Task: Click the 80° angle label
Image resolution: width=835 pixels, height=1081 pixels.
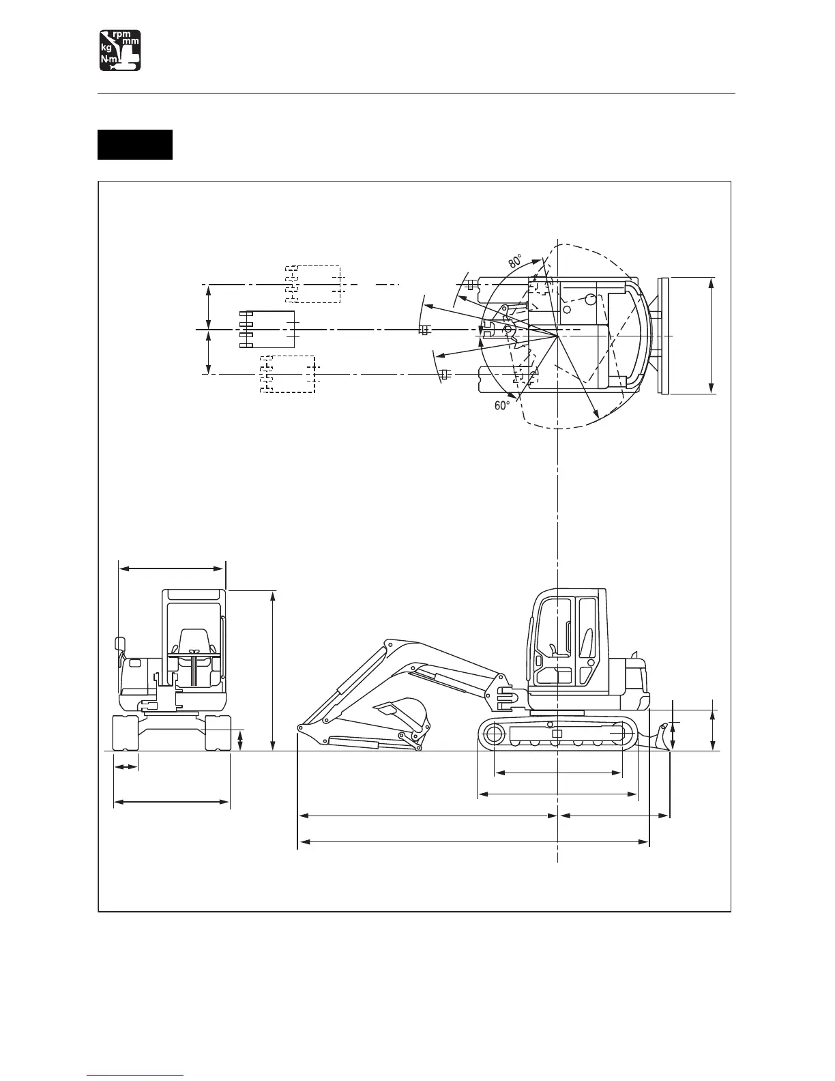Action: click(x=515, y=261)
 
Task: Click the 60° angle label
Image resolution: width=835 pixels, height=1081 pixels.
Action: click(x=502, y=405)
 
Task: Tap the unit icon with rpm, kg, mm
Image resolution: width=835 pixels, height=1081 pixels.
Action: click(x=120, y=50)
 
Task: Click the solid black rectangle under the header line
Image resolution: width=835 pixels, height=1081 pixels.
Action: click(x=135, y=144)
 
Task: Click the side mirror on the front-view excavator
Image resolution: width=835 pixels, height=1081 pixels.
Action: click(x=120, y=645)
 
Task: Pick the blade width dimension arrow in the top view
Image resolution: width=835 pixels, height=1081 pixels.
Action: click(x=712, y=336)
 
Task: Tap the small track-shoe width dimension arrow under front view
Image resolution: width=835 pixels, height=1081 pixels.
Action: click(x=126, y=767)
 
